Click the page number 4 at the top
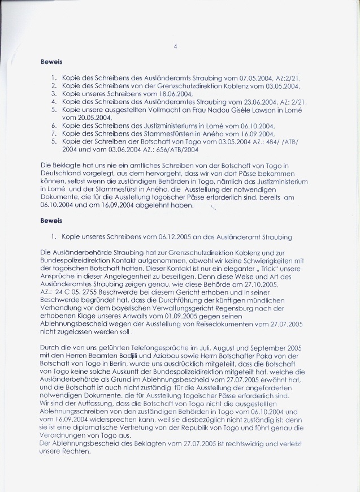point(176,47)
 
